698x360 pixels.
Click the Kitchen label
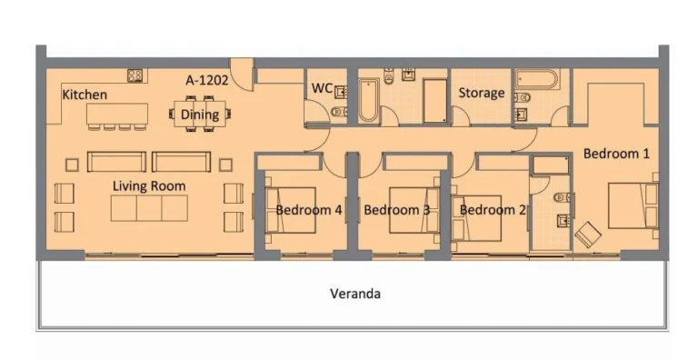85,95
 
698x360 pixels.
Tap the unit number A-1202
206,80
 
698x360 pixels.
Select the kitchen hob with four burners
137,75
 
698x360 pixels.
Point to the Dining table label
200,115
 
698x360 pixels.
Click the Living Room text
149,186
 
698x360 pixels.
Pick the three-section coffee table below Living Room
149,208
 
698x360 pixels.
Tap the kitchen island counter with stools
117,114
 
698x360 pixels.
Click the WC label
322,89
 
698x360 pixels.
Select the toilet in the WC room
337,112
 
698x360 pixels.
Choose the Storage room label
481,93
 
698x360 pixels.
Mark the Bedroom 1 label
616,154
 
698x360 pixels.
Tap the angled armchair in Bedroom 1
588,235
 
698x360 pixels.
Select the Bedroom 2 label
492,210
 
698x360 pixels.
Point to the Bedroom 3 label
396,210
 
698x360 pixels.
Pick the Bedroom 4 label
309,210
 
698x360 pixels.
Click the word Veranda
354,294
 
